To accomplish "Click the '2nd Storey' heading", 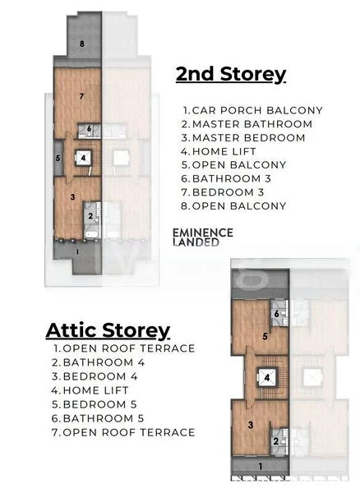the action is tap(231, 74).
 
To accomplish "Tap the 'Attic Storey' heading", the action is tap(108, 331).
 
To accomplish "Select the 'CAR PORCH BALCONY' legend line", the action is tap(253, 110).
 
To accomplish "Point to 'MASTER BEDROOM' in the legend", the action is tap(243, 138).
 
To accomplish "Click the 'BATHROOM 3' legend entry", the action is tap(226, 178).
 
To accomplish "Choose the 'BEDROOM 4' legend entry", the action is tap(95, 376).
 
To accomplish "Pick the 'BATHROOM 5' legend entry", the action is tap(98, 418).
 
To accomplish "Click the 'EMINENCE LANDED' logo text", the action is tap(203, 237).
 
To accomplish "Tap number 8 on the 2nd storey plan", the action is tap(82, 44).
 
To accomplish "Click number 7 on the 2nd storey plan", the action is tap(81, 96).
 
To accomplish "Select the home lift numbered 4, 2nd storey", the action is tap(83, 158).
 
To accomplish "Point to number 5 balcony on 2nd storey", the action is tap(58, 158).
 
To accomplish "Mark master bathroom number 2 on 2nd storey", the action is tap(90, 216).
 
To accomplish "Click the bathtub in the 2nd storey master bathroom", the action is tap(91, 234).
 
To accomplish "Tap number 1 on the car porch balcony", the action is tap(77, 251).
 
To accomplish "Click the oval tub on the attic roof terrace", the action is tap(253, 279).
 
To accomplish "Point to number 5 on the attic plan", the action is tap(265, 336).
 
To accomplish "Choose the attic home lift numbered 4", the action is tap(267, 377).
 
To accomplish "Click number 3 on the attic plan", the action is tap(251, 425).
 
